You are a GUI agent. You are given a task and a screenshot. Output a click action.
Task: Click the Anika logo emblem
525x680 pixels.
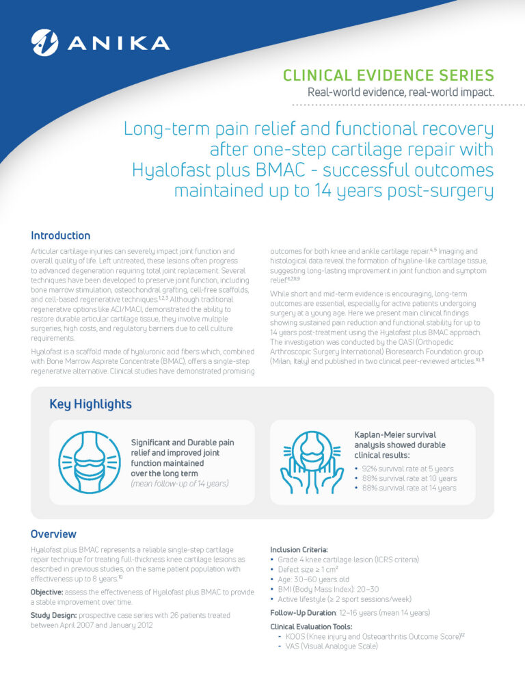(x=45, y=42)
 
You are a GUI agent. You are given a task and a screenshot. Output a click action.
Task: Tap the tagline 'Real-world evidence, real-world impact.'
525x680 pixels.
(x=401, y=92)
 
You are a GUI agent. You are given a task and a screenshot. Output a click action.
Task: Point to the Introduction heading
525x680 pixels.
(x=60, y=235)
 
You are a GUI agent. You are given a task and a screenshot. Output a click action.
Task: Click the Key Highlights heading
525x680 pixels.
(x=90, y=404)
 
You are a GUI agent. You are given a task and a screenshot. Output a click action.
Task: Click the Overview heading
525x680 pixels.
(x=53, y=534)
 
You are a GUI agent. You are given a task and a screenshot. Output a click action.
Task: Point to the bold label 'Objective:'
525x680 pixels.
(x=49, y=591)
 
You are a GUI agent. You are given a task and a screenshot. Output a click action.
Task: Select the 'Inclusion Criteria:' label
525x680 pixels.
(x=299, y=549)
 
